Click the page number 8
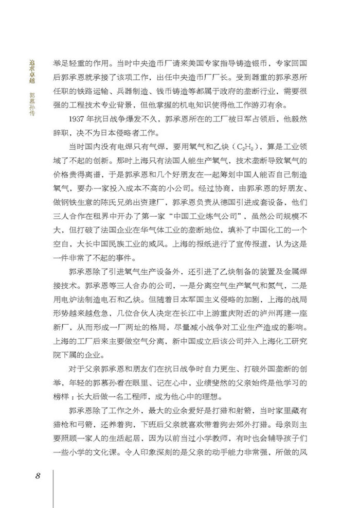38,474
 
